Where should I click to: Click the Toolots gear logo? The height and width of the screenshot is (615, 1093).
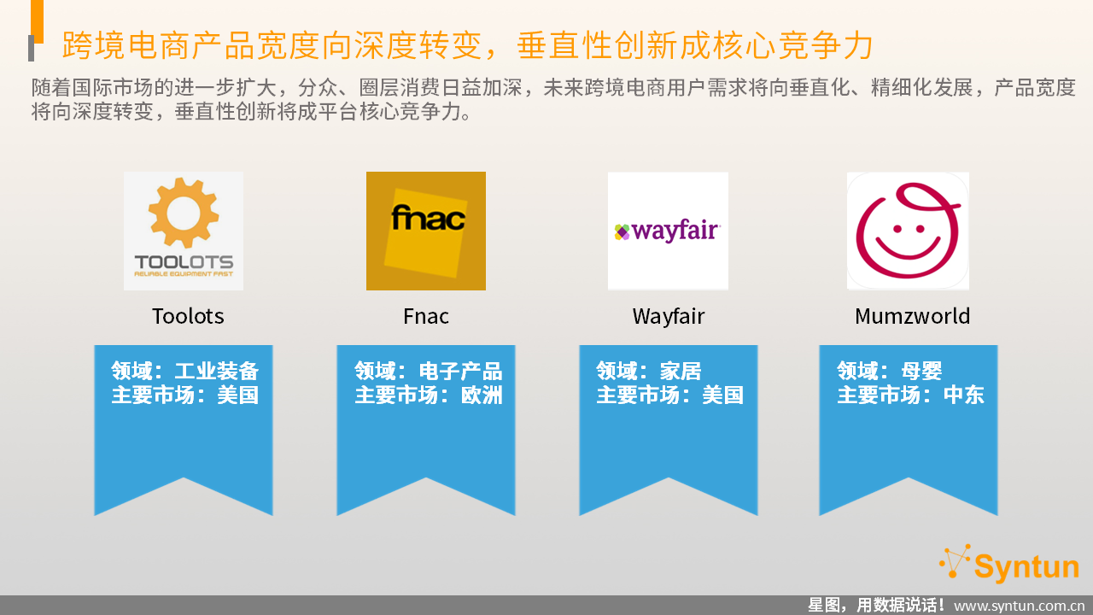click(184, 231)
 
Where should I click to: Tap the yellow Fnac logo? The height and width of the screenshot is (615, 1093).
click(426, 231)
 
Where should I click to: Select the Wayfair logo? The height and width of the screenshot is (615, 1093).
click(668, 231)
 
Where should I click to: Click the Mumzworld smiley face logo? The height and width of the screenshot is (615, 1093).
click(908, 231)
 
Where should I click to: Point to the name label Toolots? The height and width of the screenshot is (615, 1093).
click(188, 316)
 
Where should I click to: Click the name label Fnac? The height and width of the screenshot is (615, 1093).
click(426, 316)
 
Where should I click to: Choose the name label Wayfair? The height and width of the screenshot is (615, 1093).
click(669, 317)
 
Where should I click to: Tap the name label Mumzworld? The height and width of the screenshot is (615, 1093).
click(913, 316)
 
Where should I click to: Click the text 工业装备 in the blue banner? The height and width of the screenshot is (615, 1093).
click(217, 371)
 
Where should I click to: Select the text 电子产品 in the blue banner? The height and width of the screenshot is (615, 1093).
click(460, 371)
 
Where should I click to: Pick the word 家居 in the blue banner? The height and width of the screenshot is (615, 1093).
click(681, 371)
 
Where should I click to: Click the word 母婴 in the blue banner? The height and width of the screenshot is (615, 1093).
click(921, 371)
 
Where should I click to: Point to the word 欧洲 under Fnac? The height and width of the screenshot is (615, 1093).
click(482, 395)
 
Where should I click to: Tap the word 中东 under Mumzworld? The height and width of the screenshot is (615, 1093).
click(964, 395)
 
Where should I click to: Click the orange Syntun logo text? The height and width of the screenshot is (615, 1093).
click(1026, 567)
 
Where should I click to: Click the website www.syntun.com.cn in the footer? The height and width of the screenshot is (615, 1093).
click(1019, 606)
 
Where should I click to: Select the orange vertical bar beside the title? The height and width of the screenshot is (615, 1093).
click(37, 21)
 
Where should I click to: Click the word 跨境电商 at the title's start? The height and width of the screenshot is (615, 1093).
click(126, 45)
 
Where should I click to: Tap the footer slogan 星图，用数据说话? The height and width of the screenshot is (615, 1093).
click(876, 606)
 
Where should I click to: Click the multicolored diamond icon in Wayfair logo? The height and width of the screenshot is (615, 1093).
click(622, 231)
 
